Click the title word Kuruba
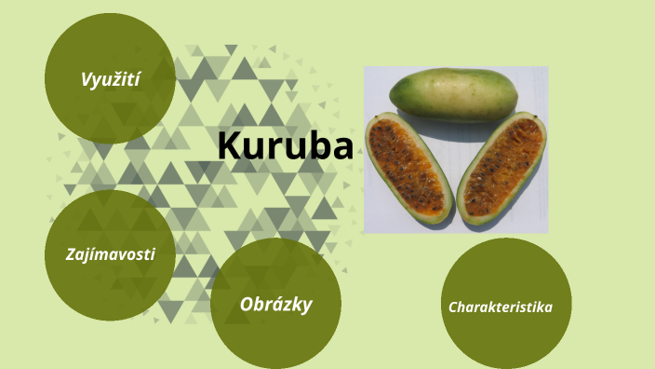pyautogui.click(x=285, y=146)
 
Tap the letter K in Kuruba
pyautogui.click(x=229, y=146)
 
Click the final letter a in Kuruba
pyautogui.click(x=341, y=149)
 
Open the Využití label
pyautogui.click(x=110, y=80)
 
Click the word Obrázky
pyautogui.click(x=275, y=304)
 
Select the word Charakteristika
pyautogui.click(x=501, y=306)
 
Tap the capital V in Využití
pyautogui.click(x=86, y=79)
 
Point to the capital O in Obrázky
pyautogui.click(x=247, y=304)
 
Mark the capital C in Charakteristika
pyautogui.click(x=453, y=306)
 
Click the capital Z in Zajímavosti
pyautogui.click(x=71, y=253)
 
